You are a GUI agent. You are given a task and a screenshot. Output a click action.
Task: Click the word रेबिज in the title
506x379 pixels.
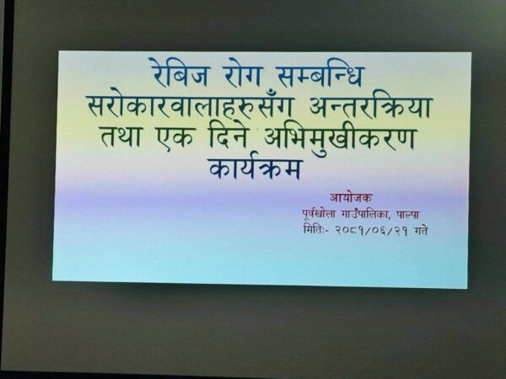[x=179, y=72]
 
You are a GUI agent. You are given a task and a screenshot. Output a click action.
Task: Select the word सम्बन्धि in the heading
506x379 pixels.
[x=321, y=75]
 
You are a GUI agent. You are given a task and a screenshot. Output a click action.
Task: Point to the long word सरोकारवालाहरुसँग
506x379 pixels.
[x=190, y=104]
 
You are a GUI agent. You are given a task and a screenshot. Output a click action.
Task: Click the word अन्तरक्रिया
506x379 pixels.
[x=370, y=104]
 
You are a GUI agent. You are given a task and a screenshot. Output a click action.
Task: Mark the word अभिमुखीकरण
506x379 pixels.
[x=339, y=139]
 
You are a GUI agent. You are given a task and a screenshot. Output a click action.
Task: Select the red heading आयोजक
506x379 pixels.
[x=351, y=197]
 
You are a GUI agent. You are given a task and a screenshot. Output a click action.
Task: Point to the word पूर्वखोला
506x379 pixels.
[x=319, y=214]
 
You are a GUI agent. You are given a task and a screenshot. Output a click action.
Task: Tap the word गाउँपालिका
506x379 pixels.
[x=366, y=214]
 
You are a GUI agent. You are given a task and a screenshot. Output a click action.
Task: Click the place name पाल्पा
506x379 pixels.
[x=407, y=214]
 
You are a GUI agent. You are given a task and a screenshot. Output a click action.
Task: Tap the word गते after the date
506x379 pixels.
[x=420, y=232]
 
